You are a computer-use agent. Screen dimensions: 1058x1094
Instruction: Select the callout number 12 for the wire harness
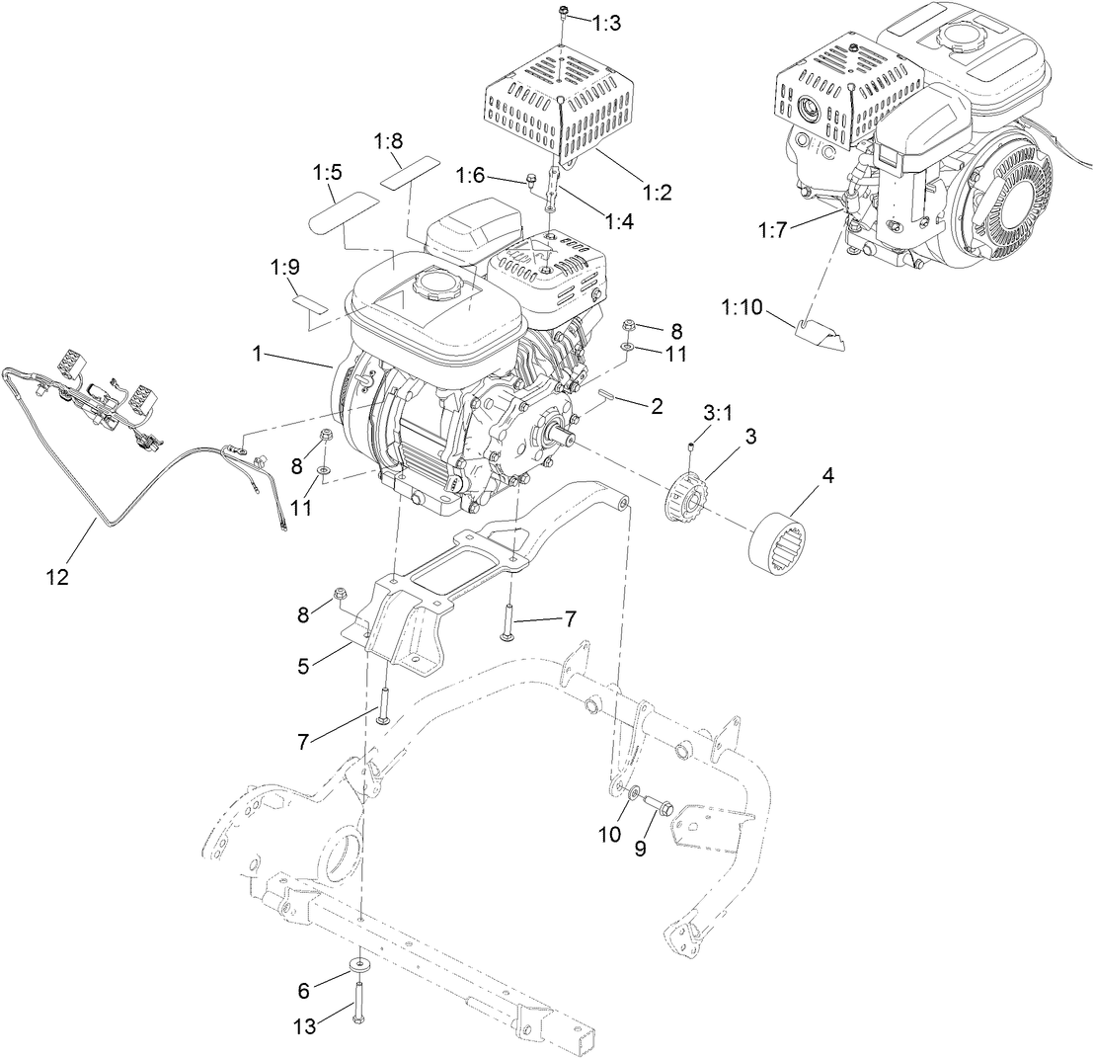pos(56,577)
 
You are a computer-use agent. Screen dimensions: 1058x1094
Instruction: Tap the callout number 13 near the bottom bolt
pos(305,1027)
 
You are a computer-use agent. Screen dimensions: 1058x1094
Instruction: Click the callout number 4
pos(828,476)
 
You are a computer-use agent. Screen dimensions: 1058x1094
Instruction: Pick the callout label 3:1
pos(716,410)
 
